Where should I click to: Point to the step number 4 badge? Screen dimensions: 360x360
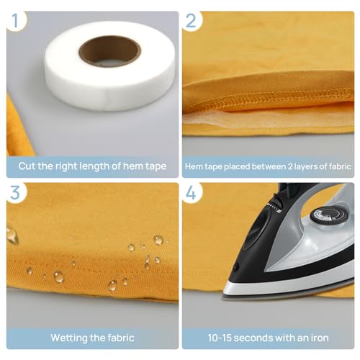tap(191, 194)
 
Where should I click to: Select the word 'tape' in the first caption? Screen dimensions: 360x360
tap(153, 166)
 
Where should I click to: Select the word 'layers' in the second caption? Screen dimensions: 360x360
tap(298, 166)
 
